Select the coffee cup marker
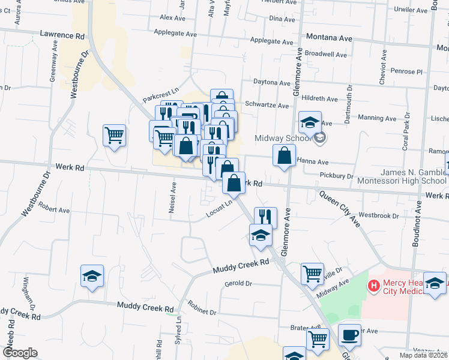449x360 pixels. tap(349, 335)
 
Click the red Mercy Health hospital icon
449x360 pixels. tap(373, 286)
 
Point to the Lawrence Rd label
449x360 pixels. tap(62, 36)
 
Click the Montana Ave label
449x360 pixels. tap(328, 37)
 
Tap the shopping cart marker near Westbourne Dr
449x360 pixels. tap(114, 135)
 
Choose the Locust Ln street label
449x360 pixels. tap(219, 208)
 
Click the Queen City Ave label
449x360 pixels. tap(339, 208)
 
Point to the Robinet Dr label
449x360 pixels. tap(202, 308)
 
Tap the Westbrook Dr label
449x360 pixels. tap(379, 215)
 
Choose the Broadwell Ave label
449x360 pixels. tap(325, 55)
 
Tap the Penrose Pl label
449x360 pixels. tap(406, 71)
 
